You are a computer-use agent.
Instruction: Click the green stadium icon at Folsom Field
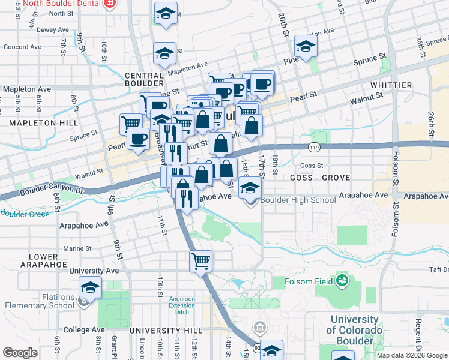point(342,280)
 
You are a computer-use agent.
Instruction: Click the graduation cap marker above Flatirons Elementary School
point(90,289)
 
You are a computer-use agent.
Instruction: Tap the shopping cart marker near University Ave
point(200,262)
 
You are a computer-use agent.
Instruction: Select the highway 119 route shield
point(314,146)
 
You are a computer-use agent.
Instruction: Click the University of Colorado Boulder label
point(355,331)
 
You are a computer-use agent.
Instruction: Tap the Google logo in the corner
point(20,353)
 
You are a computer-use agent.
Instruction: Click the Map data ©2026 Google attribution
point(412,355)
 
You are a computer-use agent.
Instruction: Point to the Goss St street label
point(311,166)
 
